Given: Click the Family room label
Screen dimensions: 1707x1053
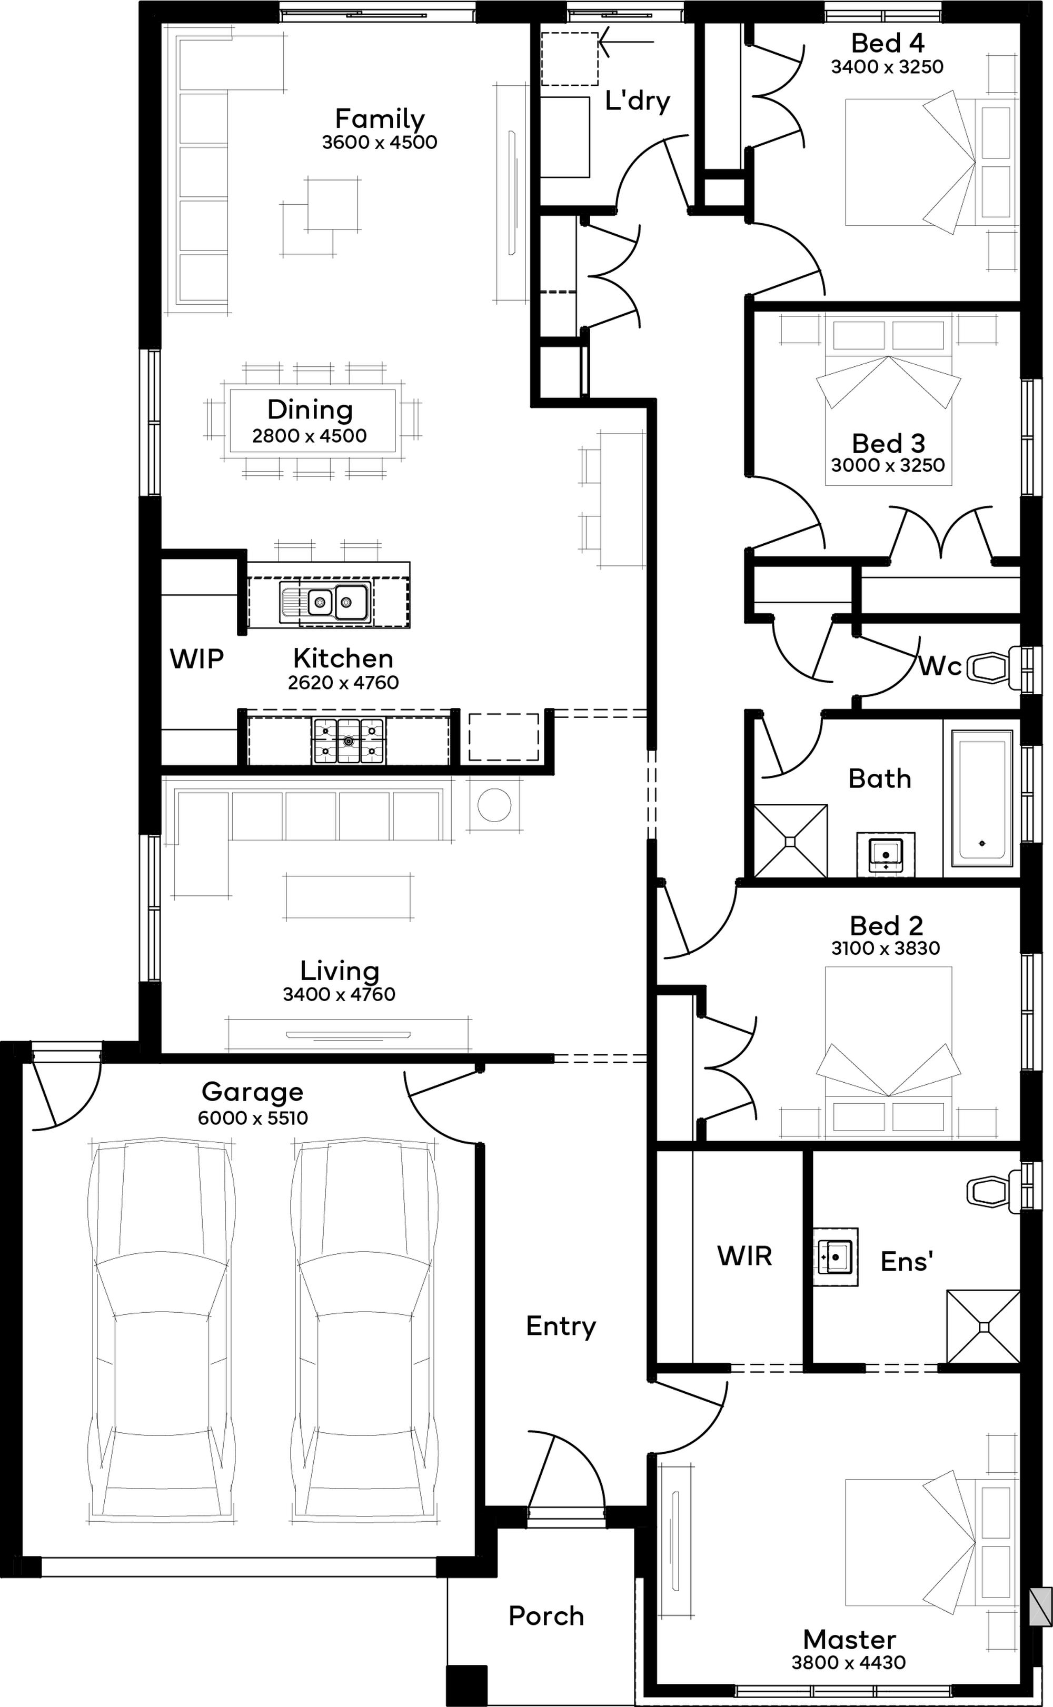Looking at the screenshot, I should point(380,119).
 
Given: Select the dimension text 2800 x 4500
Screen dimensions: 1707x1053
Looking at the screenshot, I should point(309,436).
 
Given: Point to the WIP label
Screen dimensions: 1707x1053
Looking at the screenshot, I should point(196,658).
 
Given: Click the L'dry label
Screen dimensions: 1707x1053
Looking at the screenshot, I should point(637,101).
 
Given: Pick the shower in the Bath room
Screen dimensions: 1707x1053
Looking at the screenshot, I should point(790,841).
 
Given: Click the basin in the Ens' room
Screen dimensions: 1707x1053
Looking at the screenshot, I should point(835,1256).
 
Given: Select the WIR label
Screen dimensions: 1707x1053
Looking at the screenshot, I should point(744,1256).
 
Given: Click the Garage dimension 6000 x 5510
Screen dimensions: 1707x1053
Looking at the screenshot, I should point(253,1118).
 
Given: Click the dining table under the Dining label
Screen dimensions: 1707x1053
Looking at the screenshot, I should point(313,421).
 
